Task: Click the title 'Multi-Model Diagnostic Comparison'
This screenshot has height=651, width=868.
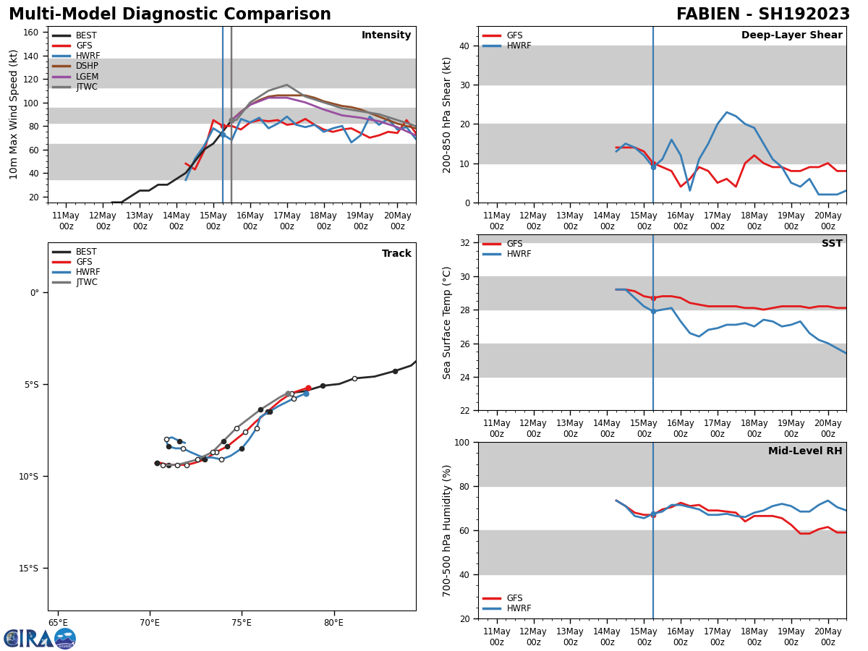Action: pyautogui.click(x=170, y=14)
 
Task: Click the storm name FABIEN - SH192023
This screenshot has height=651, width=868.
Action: pyautogui.click(x=763, y=14)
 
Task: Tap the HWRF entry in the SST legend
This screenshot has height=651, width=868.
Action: pyautogui.click(x=519, y=255)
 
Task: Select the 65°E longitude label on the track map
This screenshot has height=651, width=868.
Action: pyautogui.click(x=58, y=623)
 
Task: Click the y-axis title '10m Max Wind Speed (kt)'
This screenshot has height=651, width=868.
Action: pyautogui.click(x=14, y=114)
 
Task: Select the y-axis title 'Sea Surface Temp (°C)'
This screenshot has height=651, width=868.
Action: pyautogui.click(x=447, y=323)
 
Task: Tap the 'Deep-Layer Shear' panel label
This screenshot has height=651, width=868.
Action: pyautogui.click(x=791, y=35)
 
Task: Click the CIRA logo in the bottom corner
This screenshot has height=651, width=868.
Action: pyautogui.click(x=40, y=638)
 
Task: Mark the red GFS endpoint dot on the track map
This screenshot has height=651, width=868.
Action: pyautogui.click(x=308, y=388)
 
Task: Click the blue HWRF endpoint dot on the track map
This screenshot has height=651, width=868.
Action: pyautogui.click(x=306, y=393)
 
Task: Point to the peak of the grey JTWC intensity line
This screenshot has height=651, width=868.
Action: pyautogui.click(x=286, y=85)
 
